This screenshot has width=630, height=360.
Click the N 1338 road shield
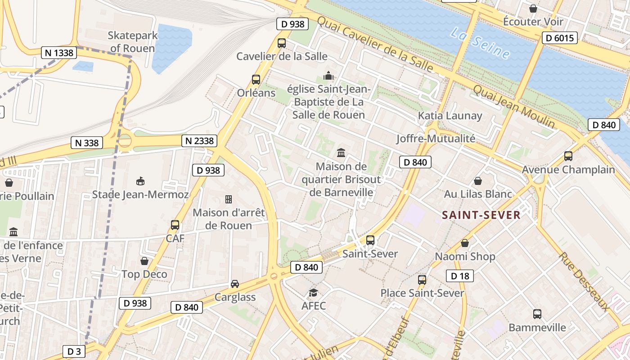[x=59, y=53]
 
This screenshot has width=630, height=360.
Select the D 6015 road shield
[x=559, y=38]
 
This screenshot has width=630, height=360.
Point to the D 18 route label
[x=459, y=276]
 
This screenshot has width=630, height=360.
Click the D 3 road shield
[x=73, y=351]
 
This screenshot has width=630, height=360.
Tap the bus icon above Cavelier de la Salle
[x=282, y=43]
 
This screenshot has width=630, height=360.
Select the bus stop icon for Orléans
[x=256, y=80]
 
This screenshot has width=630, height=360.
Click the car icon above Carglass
[x=235, y=283]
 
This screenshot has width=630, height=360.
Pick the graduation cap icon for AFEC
[x=313, y=293]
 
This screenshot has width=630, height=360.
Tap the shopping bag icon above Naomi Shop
[x=465, y=243]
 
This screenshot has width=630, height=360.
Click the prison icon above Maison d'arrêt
[x=229, y=199]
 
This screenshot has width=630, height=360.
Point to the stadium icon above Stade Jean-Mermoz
[x=140, y=181]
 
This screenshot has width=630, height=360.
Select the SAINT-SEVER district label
[x=481, y=215]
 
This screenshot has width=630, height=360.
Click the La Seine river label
[x=480, y=44]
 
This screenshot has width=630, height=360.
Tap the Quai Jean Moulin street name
[x=513, y=106]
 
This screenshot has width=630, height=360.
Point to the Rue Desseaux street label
[x=584, y=282]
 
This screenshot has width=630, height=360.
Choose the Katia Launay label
[x=450, y=116]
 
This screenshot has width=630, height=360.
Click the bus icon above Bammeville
[x=537, y=314]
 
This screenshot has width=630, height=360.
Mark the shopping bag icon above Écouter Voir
[x=533, y=8]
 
